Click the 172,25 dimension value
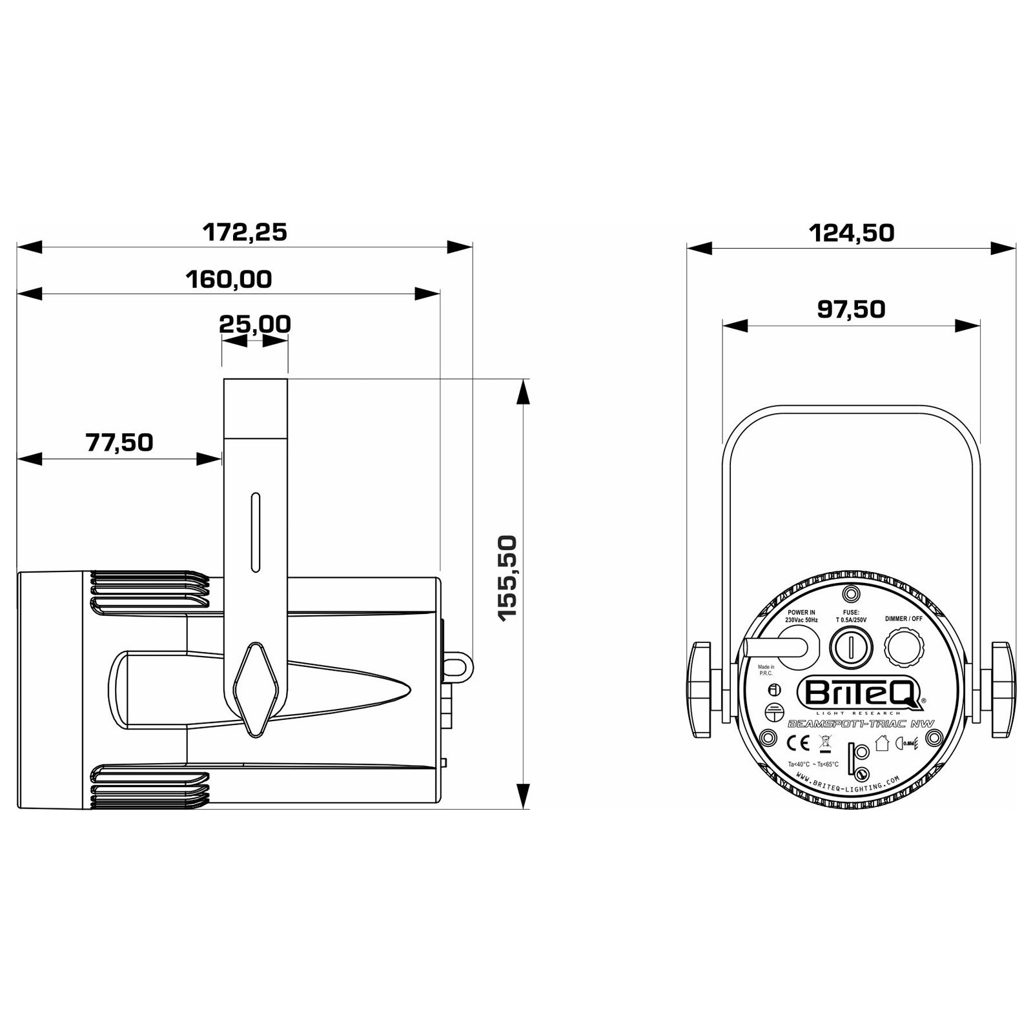[245, 232]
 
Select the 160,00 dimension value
[229, 280]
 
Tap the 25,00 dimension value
[255, 323]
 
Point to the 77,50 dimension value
[119, 443]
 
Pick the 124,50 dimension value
[852, 232]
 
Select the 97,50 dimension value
[851, 309]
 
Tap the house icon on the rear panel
[882, 743]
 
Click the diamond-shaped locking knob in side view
[256, 689]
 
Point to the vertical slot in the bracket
[256, 533]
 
